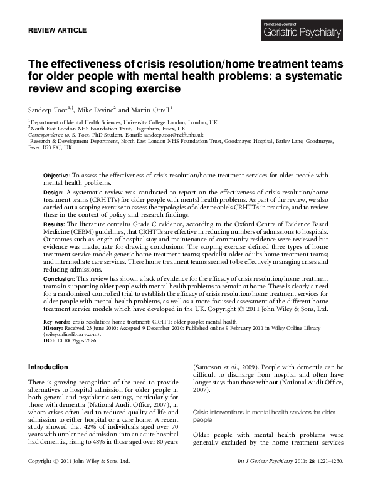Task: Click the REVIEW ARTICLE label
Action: [x=58, y=30]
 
